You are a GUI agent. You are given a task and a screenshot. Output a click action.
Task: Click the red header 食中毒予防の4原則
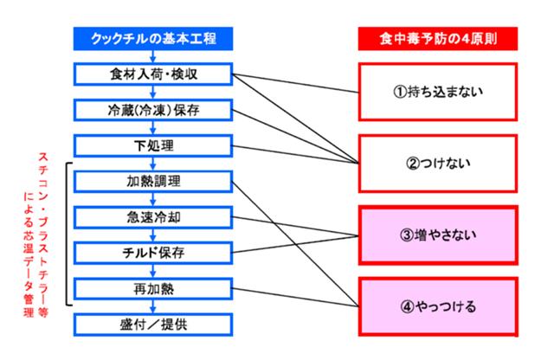pyautogui.click(x=438, y=40)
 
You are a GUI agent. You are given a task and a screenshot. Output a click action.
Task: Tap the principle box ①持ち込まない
pyautogui.click(x=438, y=91)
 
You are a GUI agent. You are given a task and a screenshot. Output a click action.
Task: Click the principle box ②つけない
pyautogui.click(x=438, y=162)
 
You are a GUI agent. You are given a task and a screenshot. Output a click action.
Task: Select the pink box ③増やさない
pyautogui.click(x=438, y=234)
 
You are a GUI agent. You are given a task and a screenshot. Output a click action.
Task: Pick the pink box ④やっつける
pyautogui.click(x=438, y=305)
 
